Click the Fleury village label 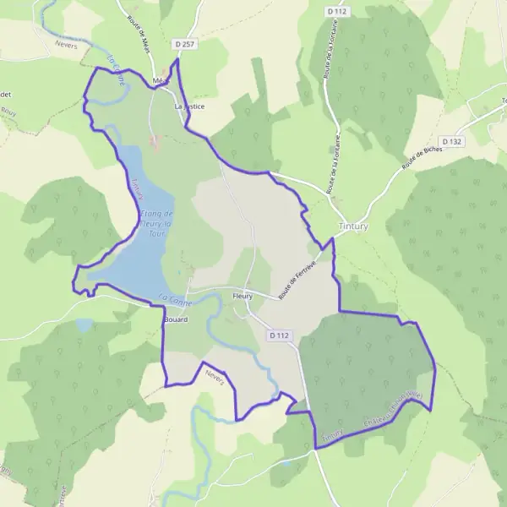tap(243, 297)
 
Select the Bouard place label tap(176, 321)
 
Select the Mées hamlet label tap(158, 81)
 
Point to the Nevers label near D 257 tap(66, 46)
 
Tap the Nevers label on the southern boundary tap(217, 381)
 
